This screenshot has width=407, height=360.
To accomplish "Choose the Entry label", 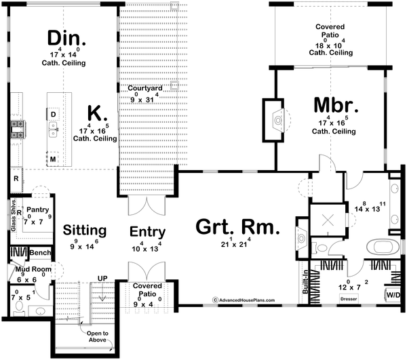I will point(148,233).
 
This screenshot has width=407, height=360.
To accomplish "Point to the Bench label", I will point(40,253).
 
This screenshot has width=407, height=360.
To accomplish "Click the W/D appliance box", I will point(393,295).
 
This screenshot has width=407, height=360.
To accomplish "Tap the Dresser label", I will point(349,298).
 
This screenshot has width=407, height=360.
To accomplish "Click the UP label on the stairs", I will point(103,279).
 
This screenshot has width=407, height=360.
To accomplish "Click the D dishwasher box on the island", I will point(53,114).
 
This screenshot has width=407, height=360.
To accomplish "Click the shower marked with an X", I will point(328,220).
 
